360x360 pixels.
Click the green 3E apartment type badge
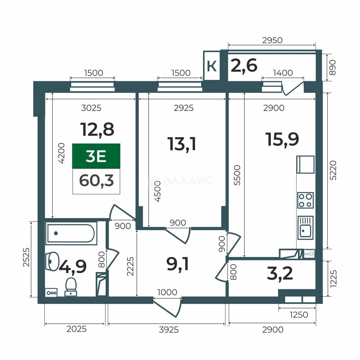pos(96,156)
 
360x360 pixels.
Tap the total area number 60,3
pos(96,181)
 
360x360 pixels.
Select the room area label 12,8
pos(97,129)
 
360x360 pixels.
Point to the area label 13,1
pos(182,144)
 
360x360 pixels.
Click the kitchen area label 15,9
pos(282,139)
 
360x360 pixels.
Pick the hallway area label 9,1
pos(177,264)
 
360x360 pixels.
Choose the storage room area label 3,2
pos(280,273)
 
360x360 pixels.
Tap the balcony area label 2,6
pos(244,66)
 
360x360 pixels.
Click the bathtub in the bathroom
pos(71,233)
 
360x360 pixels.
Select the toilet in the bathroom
pos(71,287)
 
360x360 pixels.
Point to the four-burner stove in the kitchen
pos(305,200)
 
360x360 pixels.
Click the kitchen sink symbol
pos(305,228)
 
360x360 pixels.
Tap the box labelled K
pos(212,66)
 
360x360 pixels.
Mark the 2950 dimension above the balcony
pos(272,40)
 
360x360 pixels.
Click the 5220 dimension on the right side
pos(333,170)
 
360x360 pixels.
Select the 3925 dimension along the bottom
pos(169,330)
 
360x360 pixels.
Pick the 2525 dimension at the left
pos(26,257)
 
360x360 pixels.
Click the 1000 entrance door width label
pos(167,292)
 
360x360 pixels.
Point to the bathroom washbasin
pos(53,262)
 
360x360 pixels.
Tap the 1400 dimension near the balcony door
pos(283,73)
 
